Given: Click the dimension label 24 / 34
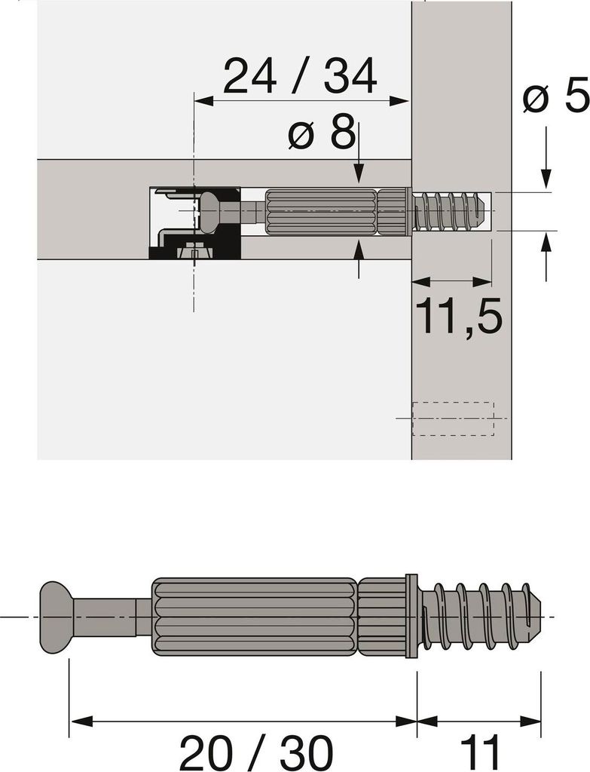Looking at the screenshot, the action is pyautogui.click(x=300, y=76).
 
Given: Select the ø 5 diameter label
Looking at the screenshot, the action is pyautogui.click(x=555, y=94).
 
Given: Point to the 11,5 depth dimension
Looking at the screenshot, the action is pyautogui.click(x=459, y=316).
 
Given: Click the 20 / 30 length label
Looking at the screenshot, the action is pyautogui.click(x=256, y=753).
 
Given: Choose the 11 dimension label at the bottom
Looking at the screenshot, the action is pyautogui.click(x=479, y=753).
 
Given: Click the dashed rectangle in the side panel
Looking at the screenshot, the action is pyautogui.click(x=453, y=419).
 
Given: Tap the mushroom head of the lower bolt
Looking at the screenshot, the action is pyautogui.click(x=56, y=617).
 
